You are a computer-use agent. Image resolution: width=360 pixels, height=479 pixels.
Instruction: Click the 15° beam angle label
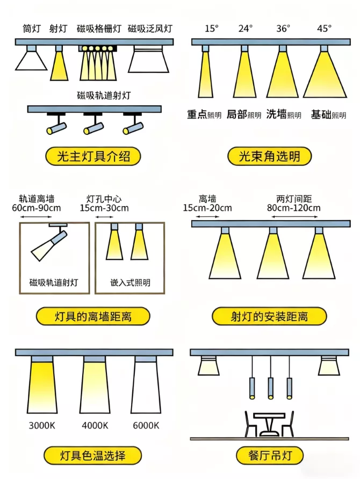point(212,28)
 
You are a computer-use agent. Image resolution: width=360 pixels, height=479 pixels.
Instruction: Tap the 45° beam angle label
point(324,28)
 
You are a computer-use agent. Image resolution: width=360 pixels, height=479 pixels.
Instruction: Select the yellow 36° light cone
point(283,74)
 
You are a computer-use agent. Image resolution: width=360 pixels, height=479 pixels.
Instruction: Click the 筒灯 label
point(32,28)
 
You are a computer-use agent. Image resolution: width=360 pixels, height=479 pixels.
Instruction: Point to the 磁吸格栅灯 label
point(99,28)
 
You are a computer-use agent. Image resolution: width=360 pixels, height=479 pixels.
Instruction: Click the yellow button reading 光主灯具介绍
point(93,156)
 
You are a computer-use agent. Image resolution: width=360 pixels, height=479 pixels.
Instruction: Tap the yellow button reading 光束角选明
point(269,156)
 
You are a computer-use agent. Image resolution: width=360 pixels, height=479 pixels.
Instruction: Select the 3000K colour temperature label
point(42,425)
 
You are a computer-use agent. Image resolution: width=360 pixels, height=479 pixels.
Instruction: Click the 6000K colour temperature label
point(146,425)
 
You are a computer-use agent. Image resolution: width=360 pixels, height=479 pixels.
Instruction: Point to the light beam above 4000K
point(95,387)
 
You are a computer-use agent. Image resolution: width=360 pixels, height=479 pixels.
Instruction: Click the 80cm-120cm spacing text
point(294,208)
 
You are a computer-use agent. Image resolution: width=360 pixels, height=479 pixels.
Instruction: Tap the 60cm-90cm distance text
point(37,208)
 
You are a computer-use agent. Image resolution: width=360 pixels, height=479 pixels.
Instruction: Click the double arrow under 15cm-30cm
point(104,217)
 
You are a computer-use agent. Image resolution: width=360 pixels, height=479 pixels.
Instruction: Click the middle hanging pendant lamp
point(270,388)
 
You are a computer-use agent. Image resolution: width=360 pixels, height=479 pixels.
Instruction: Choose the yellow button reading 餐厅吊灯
point(270,456)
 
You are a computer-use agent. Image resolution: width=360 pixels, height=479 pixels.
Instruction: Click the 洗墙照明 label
point(284,114)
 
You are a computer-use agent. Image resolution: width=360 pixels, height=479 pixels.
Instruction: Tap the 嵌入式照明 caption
point(130,282)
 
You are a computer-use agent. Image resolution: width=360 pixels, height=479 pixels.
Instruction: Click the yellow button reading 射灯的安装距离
point(269,316)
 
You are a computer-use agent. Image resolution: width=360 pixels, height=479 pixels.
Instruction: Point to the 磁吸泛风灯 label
point(150,28)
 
